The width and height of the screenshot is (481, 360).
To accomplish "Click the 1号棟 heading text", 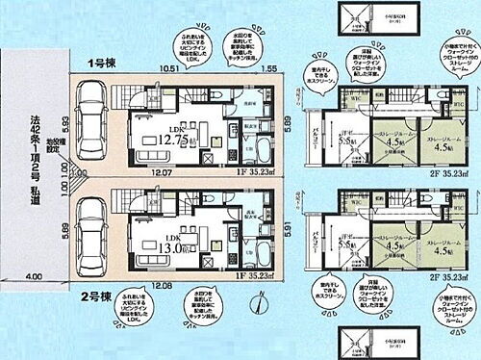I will [x=103, y=64].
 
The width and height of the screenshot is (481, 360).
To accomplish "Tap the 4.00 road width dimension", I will [x=37, y=279].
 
